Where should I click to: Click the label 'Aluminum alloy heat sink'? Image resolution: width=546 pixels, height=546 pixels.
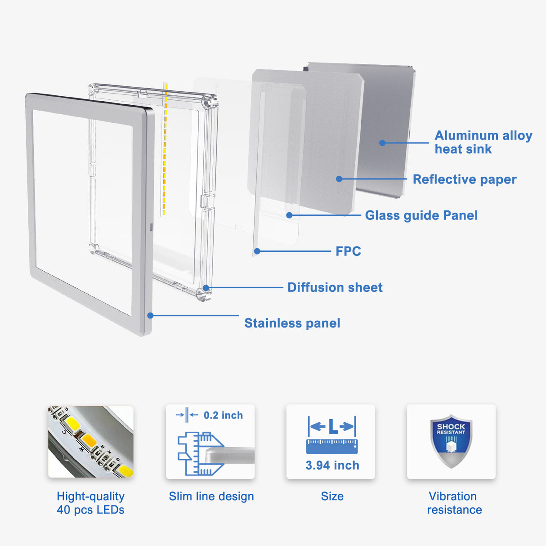[x=483, y=142]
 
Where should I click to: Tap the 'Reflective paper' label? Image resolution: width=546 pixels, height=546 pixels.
[x=464, y=179]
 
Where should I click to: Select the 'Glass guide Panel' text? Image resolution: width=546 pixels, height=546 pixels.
[x=421, y=215]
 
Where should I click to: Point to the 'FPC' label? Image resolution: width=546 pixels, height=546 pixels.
[x=348, y=251]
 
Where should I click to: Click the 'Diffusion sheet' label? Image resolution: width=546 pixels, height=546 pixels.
[x=335, y=287]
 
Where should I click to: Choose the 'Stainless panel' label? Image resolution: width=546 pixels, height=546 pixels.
[x=292, y=323]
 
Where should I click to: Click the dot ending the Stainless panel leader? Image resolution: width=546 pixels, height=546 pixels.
[x=151, y=316]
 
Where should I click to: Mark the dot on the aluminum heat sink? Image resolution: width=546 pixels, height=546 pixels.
[x=382, y=143]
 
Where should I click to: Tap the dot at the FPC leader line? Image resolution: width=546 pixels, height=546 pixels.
[x=257, y=251]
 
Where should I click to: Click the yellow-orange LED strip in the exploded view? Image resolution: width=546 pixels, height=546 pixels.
[x=165, y=148]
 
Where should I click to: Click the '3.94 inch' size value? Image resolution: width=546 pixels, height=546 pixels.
[x=332, y=465]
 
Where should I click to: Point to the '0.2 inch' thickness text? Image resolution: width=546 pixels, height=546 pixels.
[x=223, y=416]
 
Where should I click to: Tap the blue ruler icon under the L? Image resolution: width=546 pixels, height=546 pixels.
[x=332, y=446]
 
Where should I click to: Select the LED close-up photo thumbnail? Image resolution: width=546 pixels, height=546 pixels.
[x=90, y=441]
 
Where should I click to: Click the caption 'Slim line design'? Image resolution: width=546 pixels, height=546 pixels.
[x=211, y=497]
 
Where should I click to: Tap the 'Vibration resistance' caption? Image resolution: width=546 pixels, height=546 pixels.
[x=454, y=503]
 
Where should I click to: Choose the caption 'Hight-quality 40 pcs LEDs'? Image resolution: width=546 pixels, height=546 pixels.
[x=90, y=503]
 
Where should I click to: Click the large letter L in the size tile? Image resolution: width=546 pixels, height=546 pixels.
[x=332, y=426]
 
